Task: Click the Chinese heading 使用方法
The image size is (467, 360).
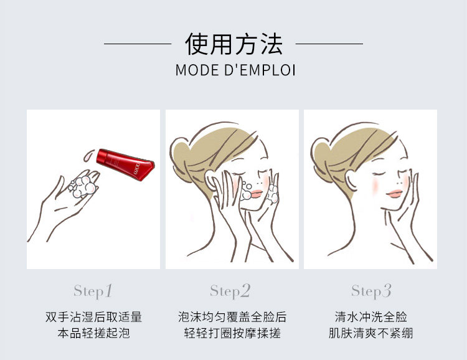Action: pyautogui.click(x=233, y=44)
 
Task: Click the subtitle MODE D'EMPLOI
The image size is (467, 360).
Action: pyautogui.click(x=235, y=70)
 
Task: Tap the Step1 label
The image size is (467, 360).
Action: pyautogui.click(x=93, y=291)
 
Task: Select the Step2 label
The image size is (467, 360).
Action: pyautogui.click(x=230, y=291)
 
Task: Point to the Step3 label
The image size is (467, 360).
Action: pyautogui.click(x=371, y=291)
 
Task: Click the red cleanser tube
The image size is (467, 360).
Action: pyautogui.click(x=126, y=164)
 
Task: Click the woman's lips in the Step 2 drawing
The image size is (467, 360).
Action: pyautogui.click(x=256, y=194)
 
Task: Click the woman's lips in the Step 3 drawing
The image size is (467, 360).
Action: pyautogui.click(x=394, y=194)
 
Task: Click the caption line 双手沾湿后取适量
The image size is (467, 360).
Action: pyautogui.click(x=93, y=317)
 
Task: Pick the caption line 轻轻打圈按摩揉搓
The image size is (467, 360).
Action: pyautogui.click(x=232, y=333)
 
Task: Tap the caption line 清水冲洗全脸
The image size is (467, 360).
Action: pyautogui.click(x=371, y=317)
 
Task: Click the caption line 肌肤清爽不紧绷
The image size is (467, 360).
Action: pyautogui.click(x=371, y=333)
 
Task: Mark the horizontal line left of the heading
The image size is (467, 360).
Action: pyautogui.click(x=138, y=44)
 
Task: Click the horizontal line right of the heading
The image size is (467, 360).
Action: pyautogui.click(x=329, y=44)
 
